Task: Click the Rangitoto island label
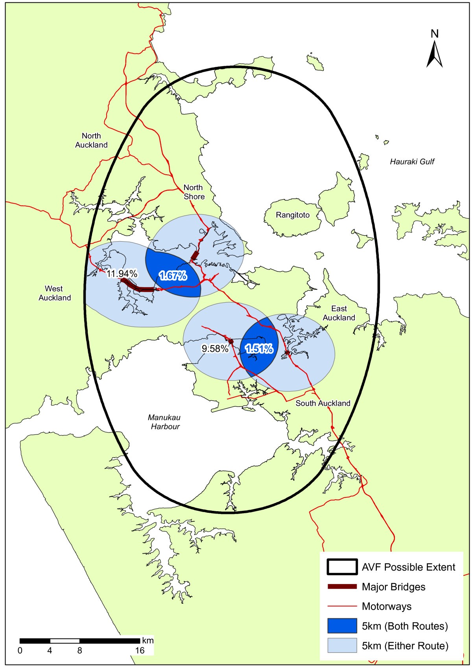pos(293,215)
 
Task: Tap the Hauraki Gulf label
pos(412,161)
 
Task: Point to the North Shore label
pos(194,192)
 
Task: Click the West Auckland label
pos(54,293)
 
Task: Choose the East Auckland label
pos(339,313)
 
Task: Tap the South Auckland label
pos(323,403)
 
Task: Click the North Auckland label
pos(91,140)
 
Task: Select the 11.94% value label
pos(122,274)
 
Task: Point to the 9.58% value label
pos(215,348)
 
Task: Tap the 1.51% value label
pos(259,349)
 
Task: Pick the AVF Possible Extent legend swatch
pos(341,567)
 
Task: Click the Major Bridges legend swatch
pos(341,587)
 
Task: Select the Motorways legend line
pos(341,606)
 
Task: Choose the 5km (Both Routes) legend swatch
pos(341,626)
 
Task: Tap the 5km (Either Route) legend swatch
pos(341,645)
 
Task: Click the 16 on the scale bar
pos(140,651)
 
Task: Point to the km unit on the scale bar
pos(148,640)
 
